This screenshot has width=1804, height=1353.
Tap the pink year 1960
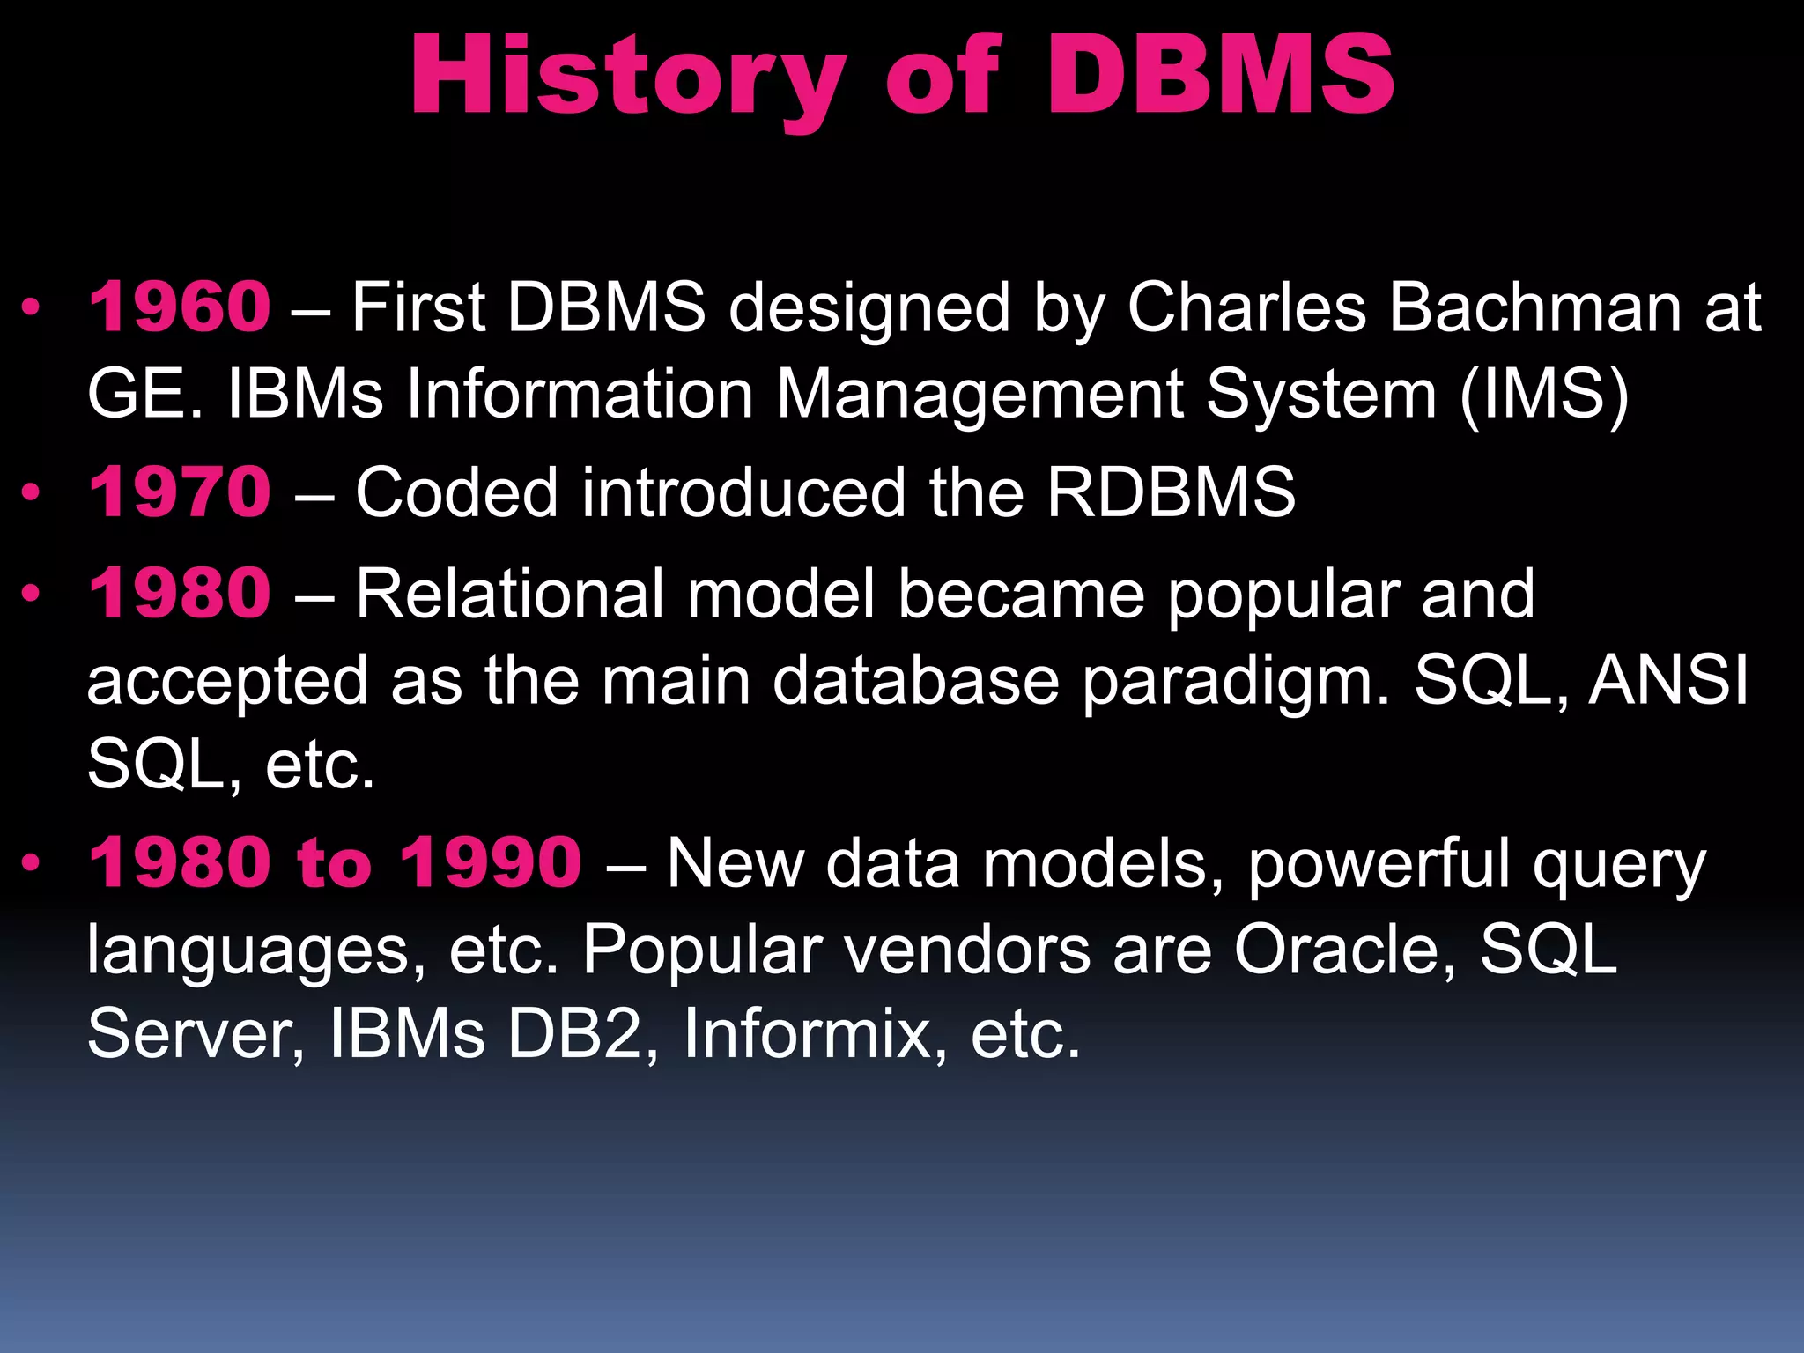(180, 307)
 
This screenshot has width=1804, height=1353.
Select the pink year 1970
(180, 492)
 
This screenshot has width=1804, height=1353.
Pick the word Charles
(1246, 307)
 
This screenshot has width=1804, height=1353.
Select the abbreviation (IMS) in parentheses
(1543, 394)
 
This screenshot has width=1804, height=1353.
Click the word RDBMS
(1171, 492)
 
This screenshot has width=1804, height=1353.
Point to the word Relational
(509, 594)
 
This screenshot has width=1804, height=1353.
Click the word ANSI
(1668, 680)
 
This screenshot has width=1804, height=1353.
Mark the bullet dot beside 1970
(32, 492)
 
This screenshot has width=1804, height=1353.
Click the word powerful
(1379, 864)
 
